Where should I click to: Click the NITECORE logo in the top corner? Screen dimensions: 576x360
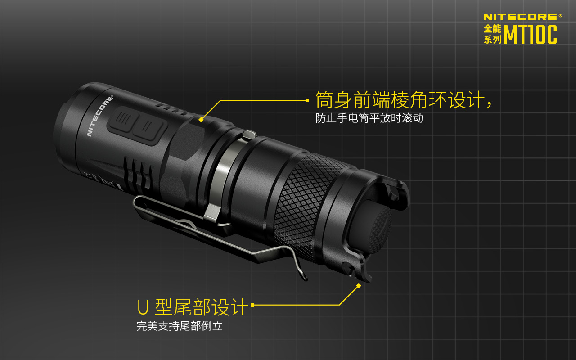(x=520, y=17)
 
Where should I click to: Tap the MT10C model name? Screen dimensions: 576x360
(x=530, y=35)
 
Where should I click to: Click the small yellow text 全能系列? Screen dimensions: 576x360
(x=492, y=34)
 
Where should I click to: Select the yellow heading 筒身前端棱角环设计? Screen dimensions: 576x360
(x=400, y=100)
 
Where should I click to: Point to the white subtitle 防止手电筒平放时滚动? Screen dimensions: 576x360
(x=369, y=118)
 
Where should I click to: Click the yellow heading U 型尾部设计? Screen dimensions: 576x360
(x=192, y=307)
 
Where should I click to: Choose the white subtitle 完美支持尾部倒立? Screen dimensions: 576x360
(x=180, y=326)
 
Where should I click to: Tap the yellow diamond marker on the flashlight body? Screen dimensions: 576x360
(x=201, y=120)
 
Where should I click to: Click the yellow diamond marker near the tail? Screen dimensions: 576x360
(x=359, y=286)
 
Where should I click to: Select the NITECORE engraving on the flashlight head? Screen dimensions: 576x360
(x=100, y=116)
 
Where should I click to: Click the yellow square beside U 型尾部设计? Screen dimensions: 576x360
(x=252, y=305)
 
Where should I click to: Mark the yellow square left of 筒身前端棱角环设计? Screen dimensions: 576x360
(x=307, y=100)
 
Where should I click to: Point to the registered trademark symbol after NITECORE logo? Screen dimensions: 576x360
(x=560, y=15)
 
